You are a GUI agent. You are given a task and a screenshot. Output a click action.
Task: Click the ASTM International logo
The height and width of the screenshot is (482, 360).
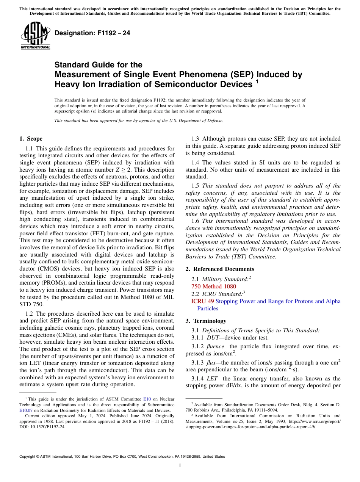click(35, 36)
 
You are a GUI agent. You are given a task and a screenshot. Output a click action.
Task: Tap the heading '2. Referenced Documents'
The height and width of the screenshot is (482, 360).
click(220, 269)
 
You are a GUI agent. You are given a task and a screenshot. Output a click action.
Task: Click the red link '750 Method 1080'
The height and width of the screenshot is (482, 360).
click(214, 286)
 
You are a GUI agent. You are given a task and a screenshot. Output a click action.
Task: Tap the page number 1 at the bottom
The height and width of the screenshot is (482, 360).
click(180, 466)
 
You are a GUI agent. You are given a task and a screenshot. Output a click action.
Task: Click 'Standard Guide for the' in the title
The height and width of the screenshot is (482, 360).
click(99, 65)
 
